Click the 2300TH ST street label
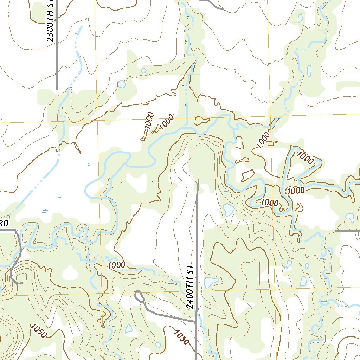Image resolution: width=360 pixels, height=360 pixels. [x=51, y=21]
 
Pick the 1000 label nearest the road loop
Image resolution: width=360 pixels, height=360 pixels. [x=117, y=265]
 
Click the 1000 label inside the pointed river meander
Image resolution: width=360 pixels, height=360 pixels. [x=306, y=158]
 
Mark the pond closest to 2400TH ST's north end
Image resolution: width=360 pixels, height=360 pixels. [x=229, y=210]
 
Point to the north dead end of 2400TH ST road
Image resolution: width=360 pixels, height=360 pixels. [x=198, y=180]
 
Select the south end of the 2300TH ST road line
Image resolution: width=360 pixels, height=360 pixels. [x=57, y=89]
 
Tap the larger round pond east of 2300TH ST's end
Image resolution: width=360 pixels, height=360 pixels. [x=121, y=84]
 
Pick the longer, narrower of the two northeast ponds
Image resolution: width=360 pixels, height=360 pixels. [x=309, y=71]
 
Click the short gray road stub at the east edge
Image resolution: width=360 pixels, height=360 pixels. [x=347, y=231]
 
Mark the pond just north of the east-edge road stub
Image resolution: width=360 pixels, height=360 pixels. [x=350, y=217]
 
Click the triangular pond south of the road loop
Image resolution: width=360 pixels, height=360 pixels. [x=129, y=329]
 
